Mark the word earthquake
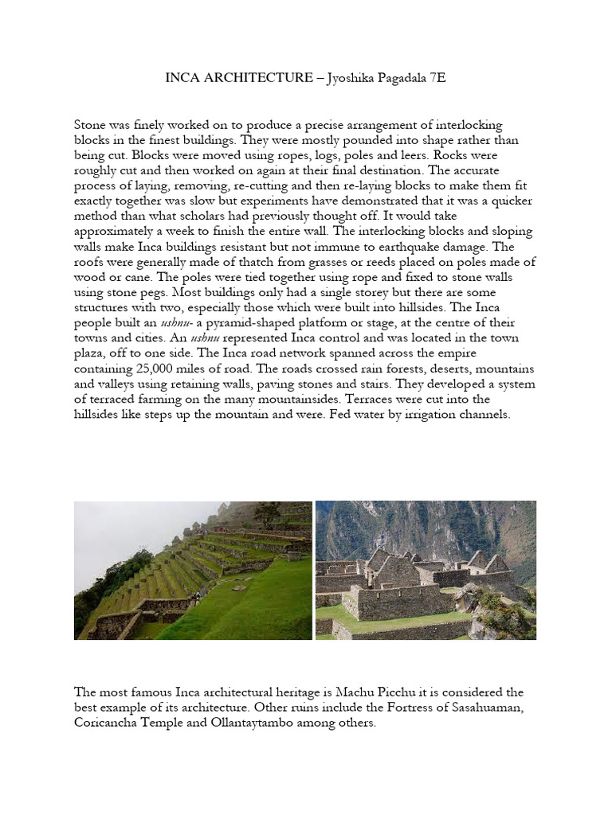(x=423, y=248)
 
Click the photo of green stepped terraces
(x=193, y=570)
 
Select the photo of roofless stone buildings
(x=426, y=570)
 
